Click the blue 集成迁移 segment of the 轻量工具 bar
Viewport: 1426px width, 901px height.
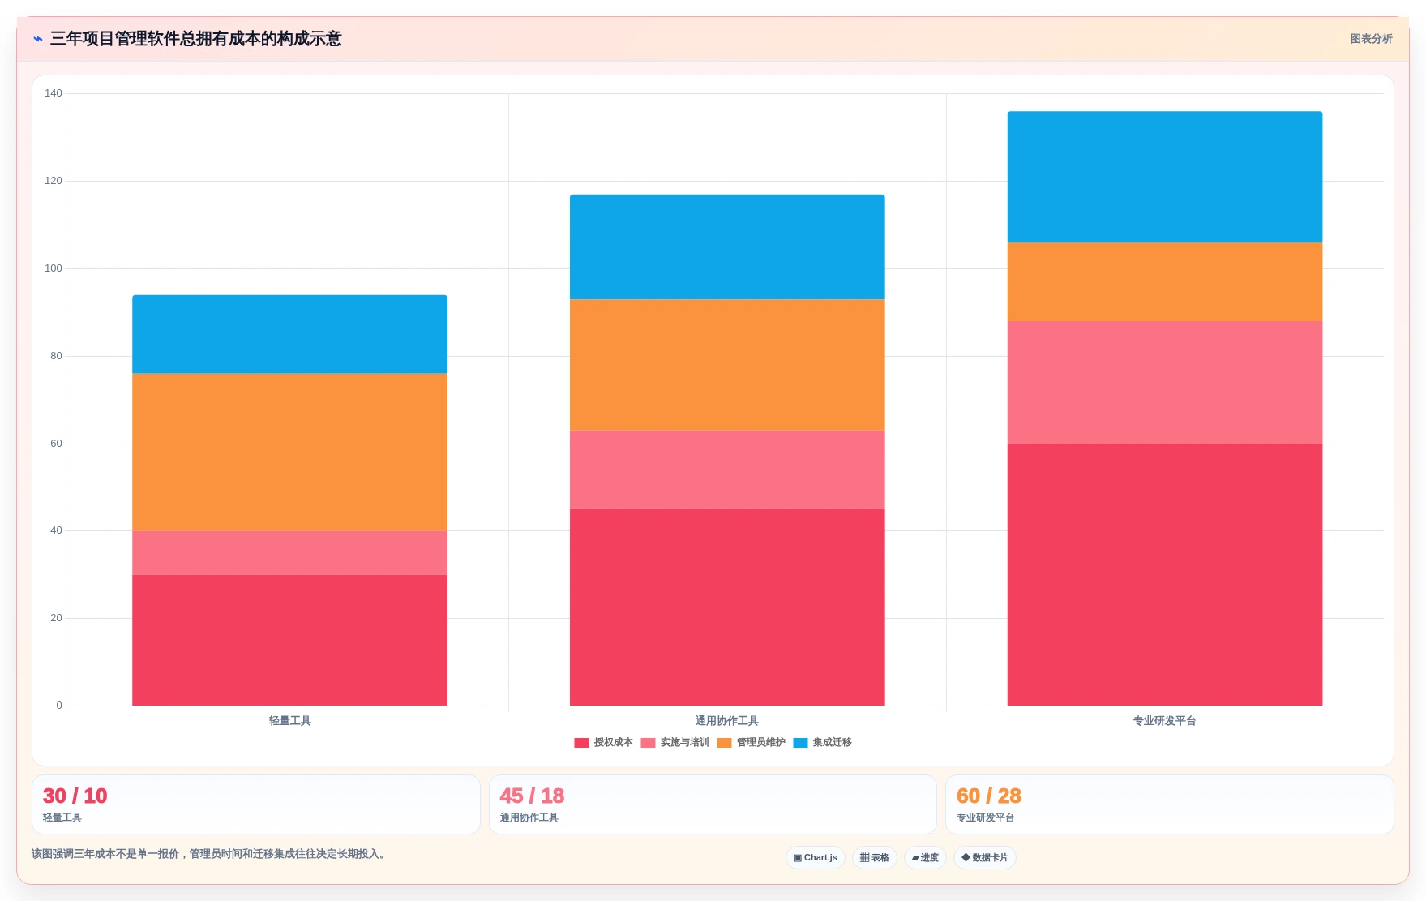(x=289, y=334)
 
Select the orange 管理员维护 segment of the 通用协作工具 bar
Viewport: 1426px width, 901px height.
(x=727, y=365)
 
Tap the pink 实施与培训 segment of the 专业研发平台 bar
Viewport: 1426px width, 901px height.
(x=1165, y=382)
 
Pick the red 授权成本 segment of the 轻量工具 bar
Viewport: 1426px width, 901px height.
(x=289, y=640)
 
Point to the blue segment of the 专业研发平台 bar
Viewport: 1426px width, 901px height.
(x=1165, y=177)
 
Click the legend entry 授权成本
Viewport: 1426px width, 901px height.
(x=604, y=742)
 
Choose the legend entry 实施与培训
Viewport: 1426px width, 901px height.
(x=675, y=742)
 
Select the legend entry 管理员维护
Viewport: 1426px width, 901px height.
(x=752, y=742)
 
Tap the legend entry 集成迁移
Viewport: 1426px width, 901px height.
(x=823, y=742)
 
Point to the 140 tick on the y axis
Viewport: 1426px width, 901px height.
(x=54, y=93)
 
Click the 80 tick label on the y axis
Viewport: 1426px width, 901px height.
(x=56, y=356)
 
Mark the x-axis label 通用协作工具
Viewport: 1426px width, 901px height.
(x=727, y=721)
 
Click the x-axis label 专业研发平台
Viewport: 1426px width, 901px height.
(x=1165, y=721)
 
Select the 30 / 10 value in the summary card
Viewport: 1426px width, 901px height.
(x=75, y=796)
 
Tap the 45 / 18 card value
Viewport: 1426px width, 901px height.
(x=532, y=796)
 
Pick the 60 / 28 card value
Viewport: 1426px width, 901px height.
(x=989, y=796)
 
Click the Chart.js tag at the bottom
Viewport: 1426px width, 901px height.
(x=816, y=857)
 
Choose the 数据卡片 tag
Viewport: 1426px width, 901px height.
(x=985, y=857)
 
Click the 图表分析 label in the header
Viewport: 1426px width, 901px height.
(x=1372, y=39)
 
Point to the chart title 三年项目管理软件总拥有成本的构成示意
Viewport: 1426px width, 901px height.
(x=196, y=39)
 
